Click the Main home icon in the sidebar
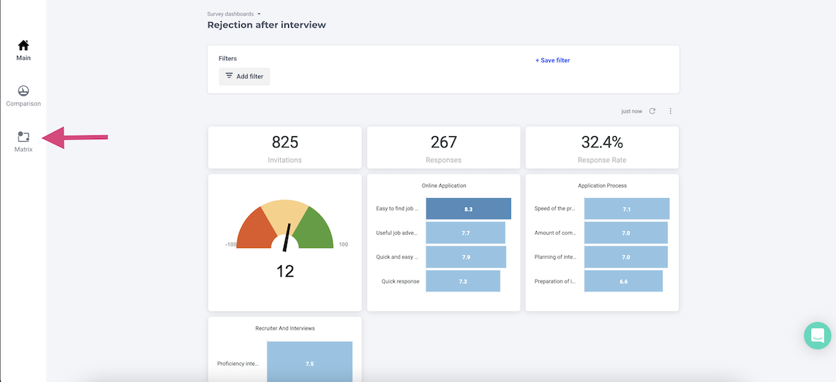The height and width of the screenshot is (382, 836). pyautogui.click(x=23, y=46)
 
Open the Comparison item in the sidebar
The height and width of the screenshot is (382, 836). pyautogui.click(x=23, y=91)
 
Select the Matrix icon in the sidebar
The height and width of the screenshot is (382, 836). pyautogui.click(x=23, y=137)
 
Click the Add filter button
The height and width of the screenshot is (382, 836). pyautogui.click(x=245, y=77)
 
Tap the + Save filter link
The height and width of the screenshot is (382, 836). pyautogui.click(x=552, y=60)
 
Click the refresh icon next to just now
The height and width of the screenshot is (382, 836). pyautogui.click(x=652, y=111)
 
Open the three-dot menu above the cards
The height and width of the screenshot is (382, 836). pyautogui.click(x=670, y=111)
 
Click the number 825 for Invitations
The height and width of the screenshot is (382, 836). pyautogui.click(x=285, y=142)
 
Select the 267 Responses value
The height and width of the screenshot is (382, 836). pyautogui.click(x=444, y=142)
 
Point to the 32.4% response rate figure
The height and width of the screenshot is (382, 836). pyautogui.click(x=602, y=142)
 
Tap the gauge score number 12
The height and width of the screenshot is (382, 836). pyautogui.click(x=285, y=271)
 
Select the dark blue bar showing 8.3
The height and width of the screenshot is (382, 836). pyautogui.click(x=468, y=209)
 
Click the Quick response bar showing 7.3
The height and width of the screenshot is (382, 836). pyautogui.click(x=463, y=281)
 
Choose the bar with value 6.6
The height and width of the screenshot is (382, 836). pyautogui.click(x=623, y=281)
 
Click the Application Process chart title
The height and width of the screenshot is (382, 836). pyautogui.click(x=602, y=185)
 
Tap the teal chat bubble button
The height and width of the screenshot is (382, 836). pyautogui.click(x=817, y=336)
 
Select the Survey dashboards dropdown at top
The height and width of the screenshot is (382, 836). pyautogui.click(x=234, y=14)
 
